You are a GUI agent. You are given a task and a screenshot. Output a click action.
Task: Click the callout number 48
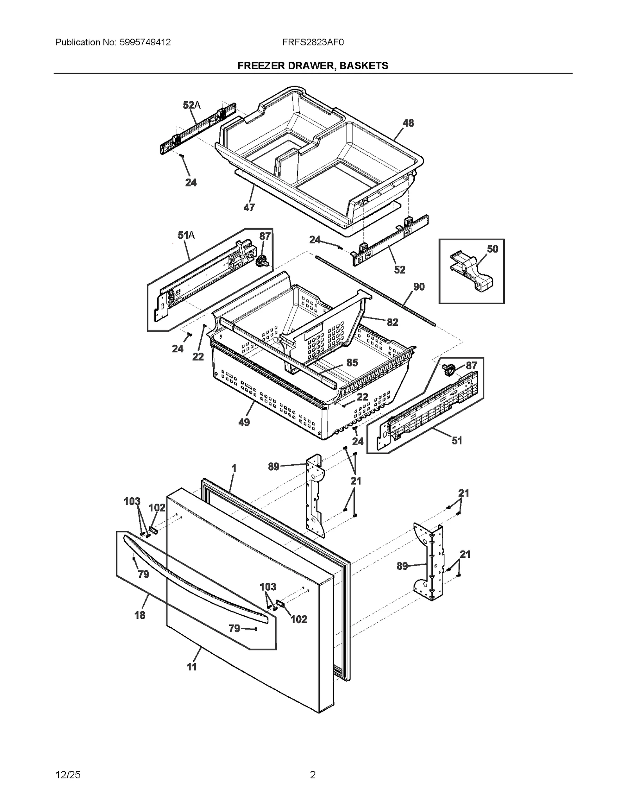coord(408,123)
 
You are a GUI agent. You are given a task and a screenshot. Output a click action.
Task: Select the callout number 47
coord(249,208)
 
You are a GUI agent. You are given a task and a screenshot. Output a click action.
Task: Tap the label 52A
coord(191,105)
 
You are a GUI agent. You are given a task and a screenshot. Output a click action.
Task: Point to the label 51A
coord(186,235)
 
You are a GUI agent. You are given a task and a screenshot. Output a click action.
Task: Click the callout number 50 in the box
coord(492,249)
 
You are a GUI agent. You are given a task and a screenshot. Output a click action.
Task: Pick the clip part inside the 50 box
coord(471,271)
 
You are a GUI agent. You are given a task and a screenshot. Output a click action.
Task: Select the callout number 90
coord(419,287)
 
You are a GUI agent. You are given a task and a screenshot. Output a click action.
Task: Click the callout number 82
coord(392,322)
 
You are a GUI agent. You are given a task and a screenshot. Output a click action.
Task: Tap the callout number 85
coord(352,363)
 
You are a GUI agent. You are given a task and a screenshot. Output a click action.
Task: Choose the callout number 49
coord(244,422)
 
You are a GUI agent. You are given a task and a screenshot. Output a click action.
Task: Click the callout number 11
coord(191,667)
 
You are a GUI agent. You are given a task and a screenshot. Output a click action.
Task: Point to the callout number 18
coord(140,615)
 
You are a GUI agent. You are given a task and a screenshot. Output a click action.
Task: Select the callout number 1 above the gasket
coord(234,468)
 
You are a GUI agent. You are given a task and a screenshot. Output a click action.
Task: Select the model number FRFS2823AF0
coord(313,43)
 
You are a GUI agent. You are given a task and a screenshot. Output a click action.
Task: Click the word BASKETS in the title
coord(363,66)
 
